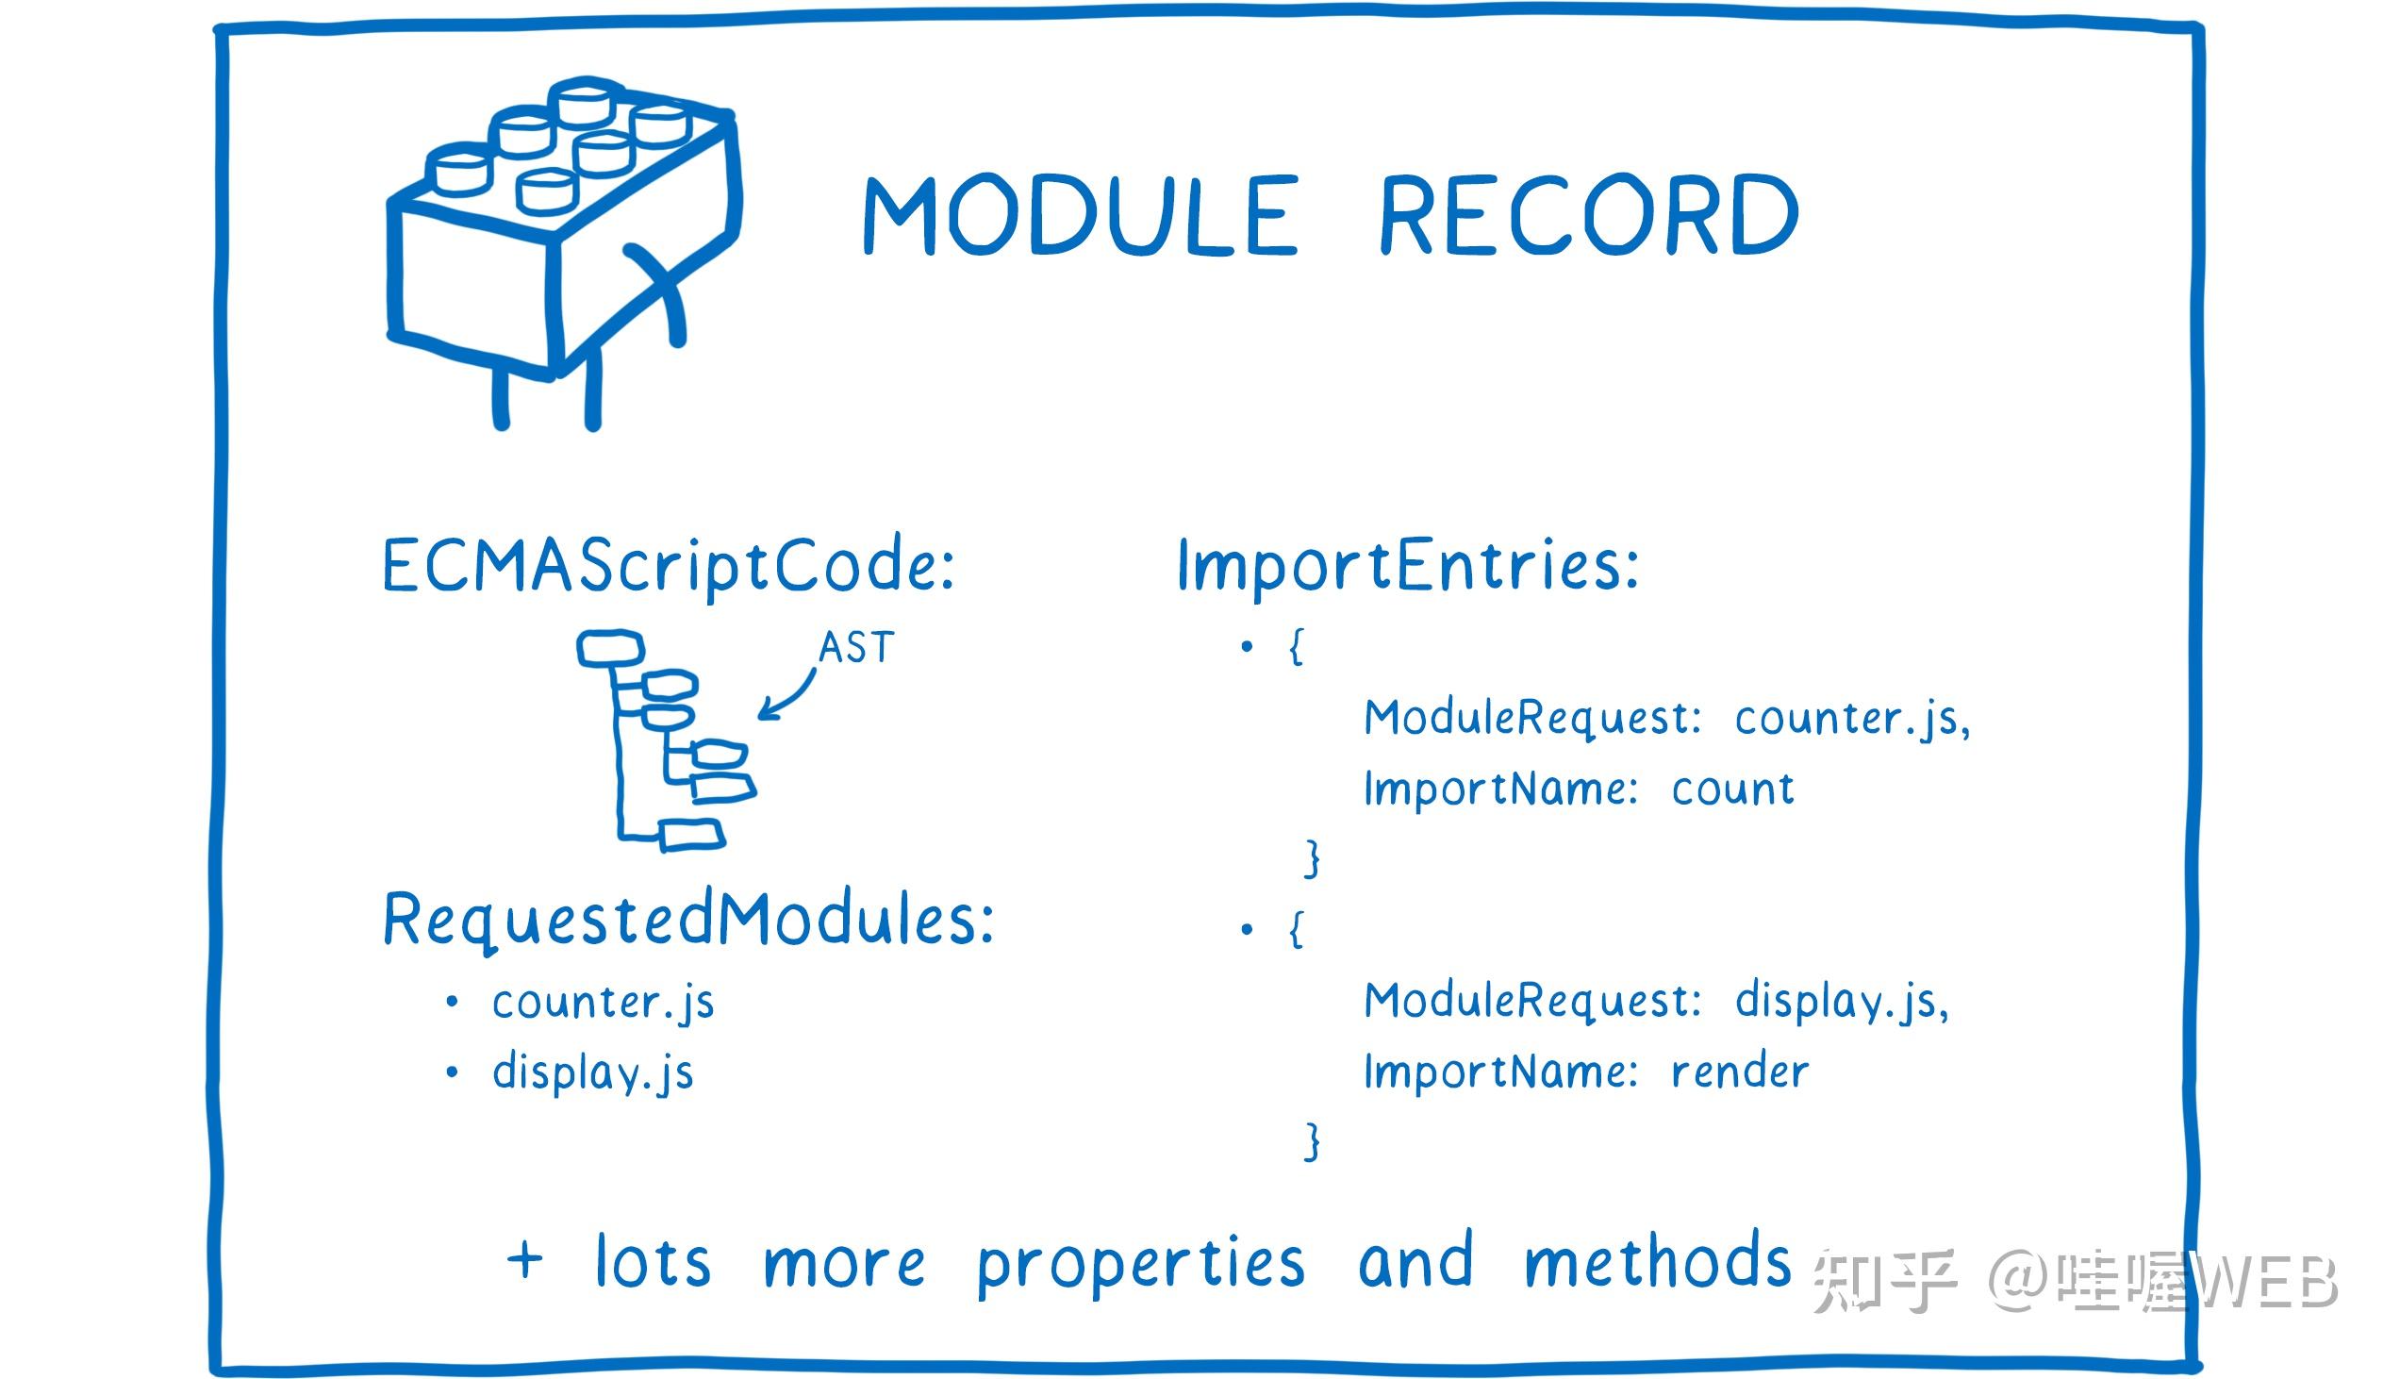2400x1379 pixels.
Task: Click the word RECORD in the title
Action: click(x=1588, y=215)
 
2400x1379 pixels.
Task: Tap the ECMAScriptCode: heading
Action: click(x=669, y=565)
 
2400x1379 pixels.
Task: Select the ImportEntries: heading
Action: click(x=1407, y=565)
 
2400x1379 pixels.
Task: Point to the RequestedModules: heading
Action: click(x=688, y=920)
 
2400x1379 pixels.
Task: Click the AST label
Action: click(x=856, y=649)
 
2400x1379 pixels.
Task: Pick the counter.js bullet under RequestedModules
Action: click(x=604, y=1003)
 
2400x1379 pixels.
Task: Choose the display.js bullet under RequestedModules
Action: click(x=592, y=1074)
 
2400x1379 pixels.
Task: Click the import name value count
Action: click(x=1732, y=789)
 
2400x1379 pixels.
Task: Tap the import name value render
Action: click(x=1739, y=1072)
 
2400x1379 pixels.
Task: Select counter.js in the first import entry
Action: click(x=1851, y=719)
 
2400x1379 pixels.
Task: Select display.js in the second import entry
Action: click(x=1842, y=1002)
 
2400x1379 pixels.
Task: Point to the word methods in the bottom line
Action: click(x=1657, y=1263)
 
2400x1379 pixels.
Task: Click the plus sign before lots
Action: click(x=525, y=1260)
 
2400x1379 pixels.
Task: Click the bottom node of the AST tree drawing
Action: click(x=692, y=835)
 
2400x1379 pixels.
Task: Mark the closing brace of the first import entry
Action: click(x=1312, y=858)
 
